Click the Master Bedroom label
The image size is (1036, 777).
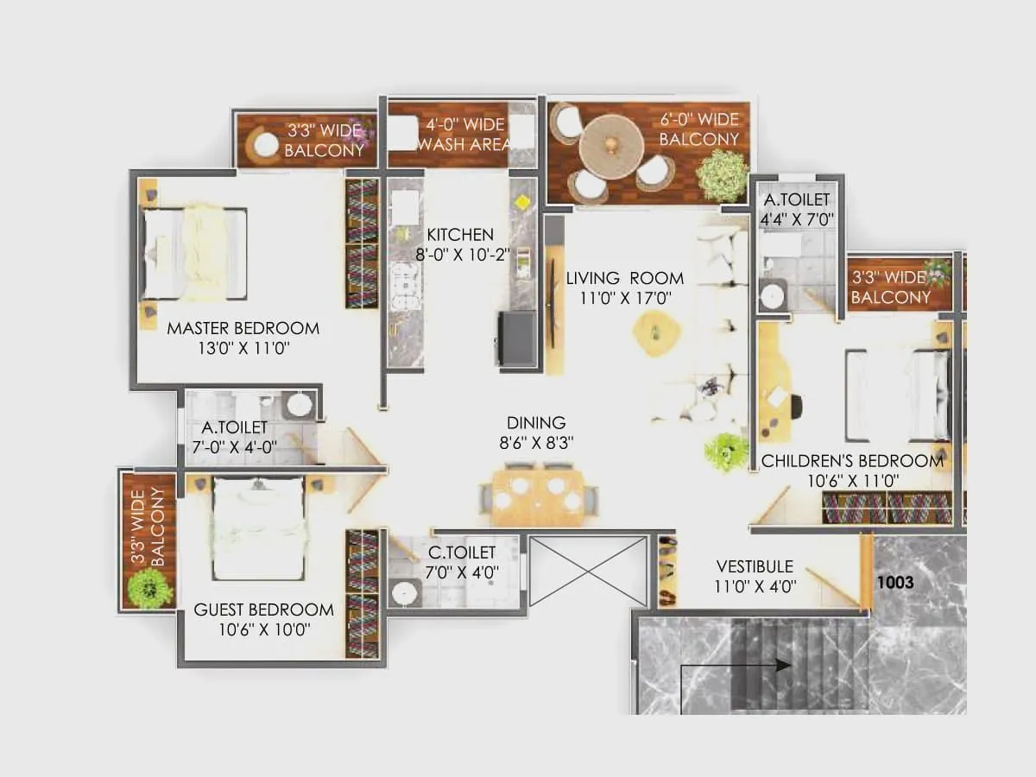(243, 328)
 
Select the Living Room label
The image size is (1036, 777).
(624, 278)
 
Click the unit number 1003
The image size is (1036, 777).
(895, 583)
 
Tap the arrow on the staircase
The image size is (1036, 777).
(780, 666)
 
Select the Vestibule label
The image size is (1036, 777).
(755, 567)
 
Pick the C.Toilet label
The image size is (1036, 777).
(463, 553)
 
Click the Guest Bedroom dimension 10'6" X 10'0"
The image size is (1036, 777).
(263, 630)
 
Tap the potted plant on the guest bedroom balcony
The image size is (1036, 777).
(149, 588)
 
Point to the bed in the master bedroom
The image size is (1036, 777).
(195, 253)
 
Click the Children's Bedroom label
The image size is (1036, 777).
(851, 461)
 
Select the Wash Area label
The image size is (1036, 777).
(463, 144)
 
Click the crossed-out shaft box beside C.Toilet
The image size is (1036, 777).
(588, 571)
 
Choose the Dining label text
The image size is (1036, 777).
(536, 423)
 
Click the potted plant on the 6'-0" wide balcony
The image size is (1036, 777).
(722, 175)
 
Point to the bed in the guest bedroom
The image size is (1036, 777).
(258, 528)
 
